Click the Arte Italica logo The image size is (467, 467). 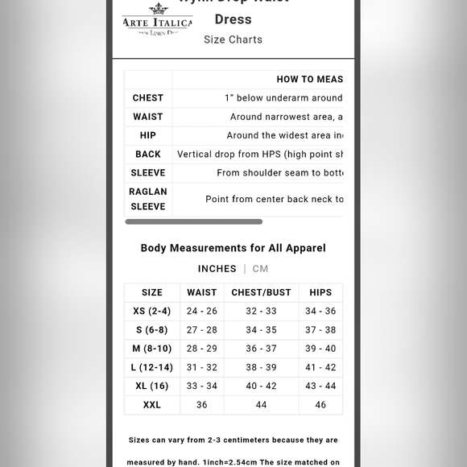click(x=157, y=23)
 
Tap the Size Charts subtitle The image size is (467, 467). click(x=233, y=39)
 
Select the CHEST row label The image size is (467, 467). click(x=148, y=98)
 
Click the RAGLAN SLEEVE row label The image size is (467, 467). click(x=148, y=199)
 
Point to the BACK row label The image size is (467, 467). click(x=148, y=155)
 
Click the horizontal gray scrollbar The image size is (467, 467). click(x=193, y=221)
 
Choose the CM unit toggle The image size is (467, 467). click(x=260, y=269)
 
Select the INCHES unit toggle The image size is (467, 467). click(x=217, y=269)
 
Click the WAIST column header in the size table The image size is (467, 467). click(x=202, y=292)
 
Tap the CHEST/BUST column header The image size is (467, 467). click(x=261, y=292)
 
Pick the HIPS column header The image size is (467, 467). click(x=320, y=292)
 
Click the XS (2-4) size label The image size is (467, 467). click(x=152, y=312)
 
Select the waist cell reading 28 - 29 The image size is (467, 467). click(x=202, y=349)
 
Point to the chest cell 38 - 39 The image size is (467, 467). click(x=261, y=367)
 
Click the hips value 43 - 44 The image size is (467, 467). click(x=320, y=386)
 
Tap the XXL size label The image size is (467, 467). click(x=152, y=405)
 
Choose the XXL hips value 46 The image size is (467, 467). click(x=320, y=405)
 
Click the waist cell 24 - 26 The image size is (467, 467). click(x=202, y=312)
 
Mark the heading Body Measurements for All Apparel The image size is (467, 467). click(x=233, y=248)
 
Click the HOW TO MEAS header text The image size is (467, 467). click(x=309, y=80)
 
